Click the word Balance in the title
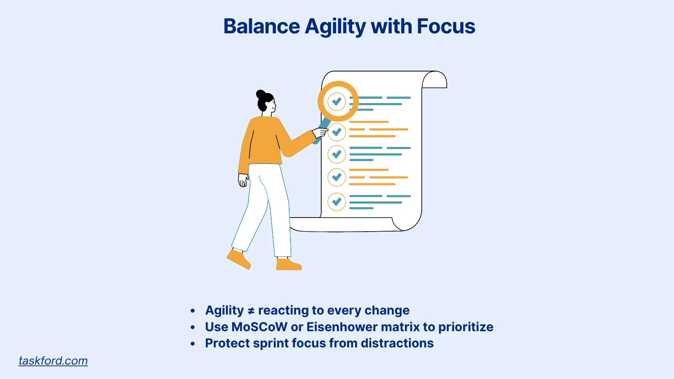[262, 26]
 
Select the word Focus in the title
[446, 26]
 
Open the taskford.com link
[53, 361]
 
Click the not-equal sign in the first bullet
[251, 311]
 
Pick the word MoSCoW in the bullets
[259, 327]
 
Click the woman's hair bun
[261, 94]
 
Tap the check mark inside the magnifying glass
[337, 101]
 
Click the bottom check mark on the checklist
[337, 201]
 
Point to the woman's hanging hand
[243, 180]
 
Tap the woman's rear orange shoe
[239, 259]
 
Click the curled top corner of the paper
[434, 79]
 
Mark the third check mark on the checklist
[337, 154]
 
